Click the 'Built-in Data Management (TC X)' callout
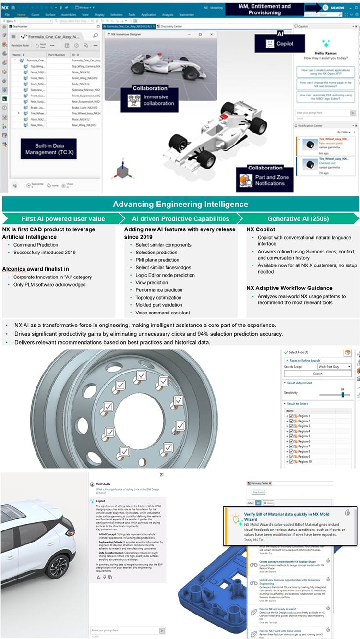pyautogui.click(x=48, y=149)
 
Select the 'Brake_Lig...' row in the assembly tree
pyautogui.click(x=36, y=108)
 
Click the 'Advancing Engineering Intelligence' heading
pyautogui.click(x=180, y=204)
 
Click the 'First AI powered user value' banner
pyautogui.click(x=63, y=218)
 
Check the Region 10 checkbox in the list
pyautogui.click(x=291, y=461)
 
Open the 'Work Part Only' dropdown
pyautogui.click(x=335, y=367)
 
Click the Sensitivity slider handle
pyautogui.click(x=343, y=394)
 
